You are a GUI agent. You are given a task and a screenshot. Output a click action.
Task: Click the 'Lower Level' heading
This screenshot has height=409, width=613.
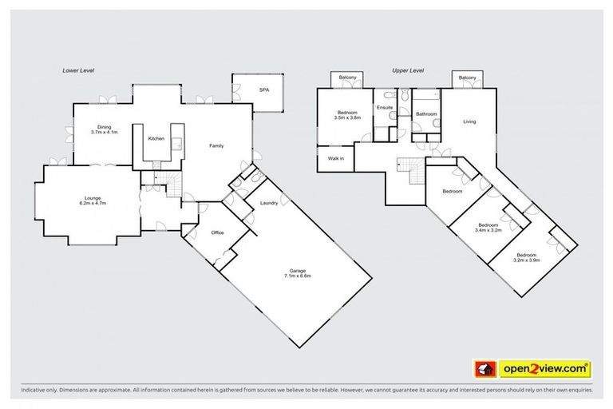(78, 71)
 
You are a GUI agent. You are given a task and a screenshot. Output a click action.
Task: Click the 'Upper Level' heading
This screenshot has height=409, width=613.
(405, 71)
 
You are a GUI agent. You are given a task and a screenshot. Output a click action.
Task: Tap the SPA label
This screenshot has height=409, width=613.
(263, 90)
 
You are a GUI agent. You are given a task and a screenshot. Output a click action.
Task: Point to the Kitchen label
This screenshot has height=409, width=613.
(156, 139)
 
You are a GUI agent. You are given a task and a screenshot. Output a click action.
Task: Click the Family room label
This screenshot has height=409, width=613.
(216, 146)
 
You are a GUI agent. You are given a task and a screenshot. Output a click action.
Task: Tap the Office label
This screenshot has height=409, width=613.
(217, 232)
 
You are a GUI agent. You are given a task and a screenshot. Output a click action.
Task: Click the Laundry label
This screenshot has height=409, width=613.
(269, 203)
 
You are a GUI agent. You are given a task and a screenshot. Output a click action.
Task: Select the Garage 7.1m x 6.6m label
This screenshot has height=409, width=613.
(296, 273)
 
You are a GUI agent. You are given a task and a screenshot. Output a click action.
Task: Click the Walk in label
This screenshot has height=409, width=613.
(336, 158)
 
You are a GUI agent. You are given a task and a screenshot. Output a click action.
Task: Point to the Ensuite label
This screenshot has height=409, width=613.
(385, 107)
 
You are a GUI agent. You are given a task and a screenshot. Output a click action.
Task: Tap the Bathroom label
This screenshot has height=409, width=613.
(425, 114)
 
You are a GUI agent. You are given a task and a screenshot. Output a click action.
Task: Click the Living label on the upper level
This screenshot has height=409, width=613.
(469, 121)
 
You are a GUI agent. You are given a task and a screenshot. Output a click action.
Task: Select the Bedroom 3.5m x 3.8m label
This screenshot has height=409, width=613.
(349, 115)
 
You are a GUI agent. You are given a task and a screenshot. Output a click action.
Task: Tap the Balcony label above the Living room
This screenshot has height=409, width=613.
(467, 77)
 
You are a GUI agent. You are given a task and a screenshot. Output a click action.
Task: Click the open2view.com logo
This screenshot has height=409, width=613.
(546, 368)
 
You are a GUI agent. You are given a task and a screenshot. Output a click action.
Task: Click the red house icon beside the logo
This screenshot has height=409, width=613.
(482, 368)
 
